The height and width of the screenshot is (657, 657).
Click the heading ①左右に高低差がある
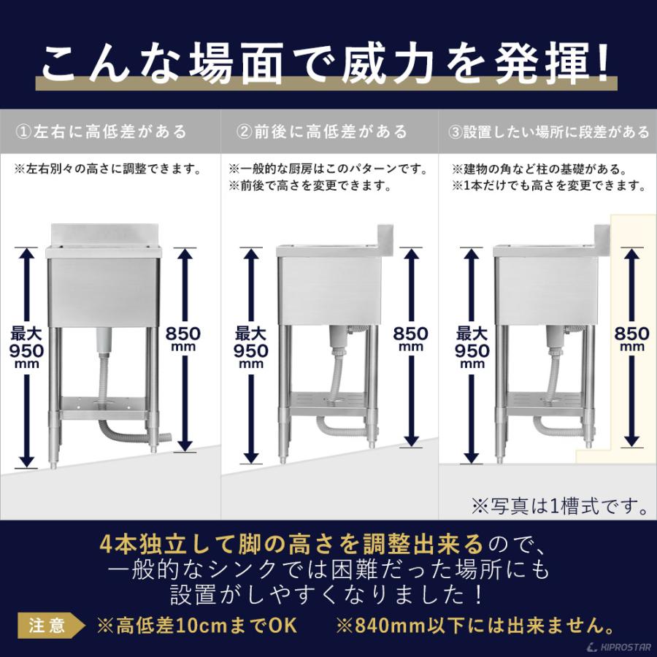click(x=101, y=132)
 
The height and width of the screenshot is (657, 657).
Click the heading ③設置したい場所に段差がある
click(x=549, y=132)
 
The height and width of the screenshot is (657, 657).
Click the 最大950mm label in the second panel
click(x=251, y=347)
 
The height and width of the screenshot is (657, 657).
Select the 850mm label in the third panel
click(x=631, y=339)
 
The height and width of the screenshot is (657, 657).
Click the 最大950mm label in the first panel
click(x=27, y=347)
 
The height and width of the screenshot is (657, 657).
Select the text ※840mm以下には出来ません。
click(x=474, y=626)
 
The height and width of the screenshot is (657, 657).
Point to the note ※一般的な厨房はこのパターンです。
click(x=328, y=169)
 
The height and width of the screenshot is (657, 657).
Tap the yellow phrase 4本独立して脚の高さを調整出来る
click(x=291, y=543)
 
